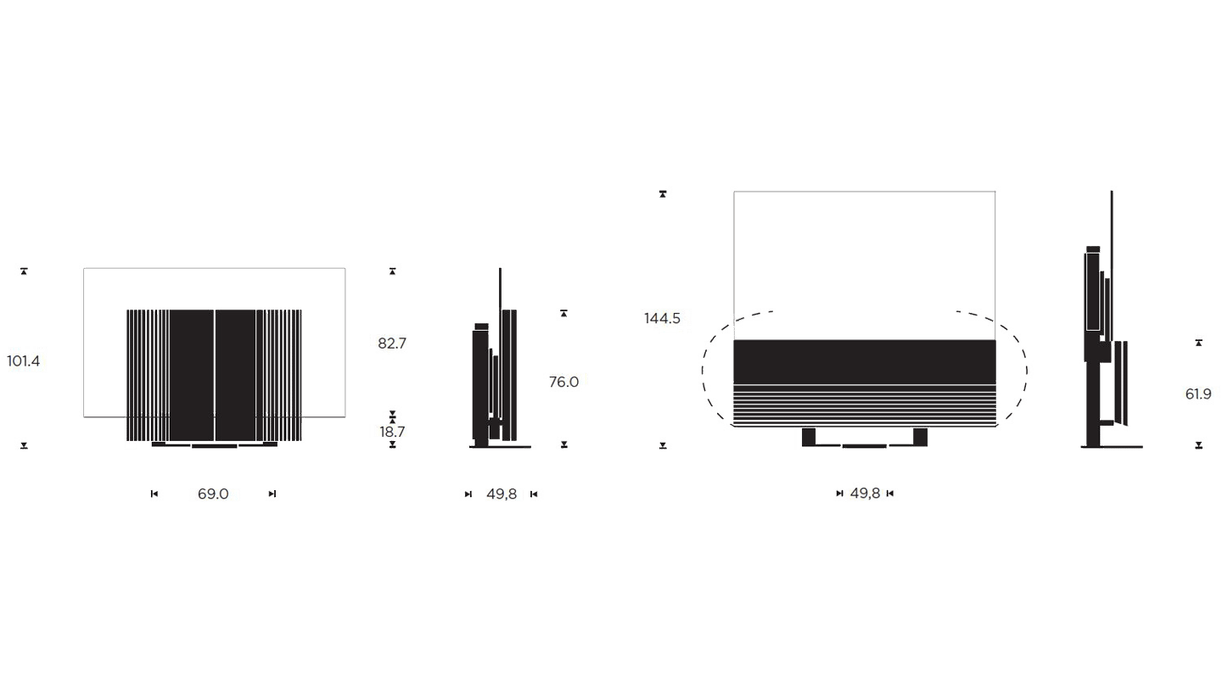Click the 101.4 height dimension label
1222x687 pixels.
24,361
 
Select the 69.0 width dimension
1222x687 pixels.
213,494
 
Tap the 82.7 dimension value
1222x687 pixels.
392,343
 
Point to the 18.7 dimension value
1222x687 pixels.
392,432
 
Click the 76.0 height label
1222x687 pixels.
564,382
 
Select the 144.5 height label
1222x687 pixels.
662,318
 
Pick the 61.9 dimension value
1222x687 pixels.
1198,394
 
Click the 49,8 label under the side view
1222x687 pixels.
502,494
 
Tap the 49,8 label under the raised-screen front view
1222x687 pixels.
866,494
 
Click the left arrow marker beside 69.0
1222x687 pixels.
154,494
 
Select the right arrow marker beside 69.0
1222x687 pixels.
272,494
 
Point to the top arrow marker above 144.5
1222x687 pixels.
663,194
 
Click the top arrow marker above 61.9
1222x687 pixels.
1198,343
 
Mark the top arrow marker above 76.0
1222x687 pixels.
564,314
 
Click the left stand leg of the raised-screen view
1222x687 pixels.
809,437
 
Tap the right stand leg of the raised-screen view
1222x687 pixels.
920,437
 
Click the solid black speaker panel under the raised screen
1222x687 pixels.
865,361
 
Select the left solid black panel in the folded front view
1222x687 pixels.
192,375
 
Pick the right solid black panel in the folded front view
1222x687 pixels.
236,375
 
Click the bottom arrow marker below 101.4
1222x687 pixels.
24,445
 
